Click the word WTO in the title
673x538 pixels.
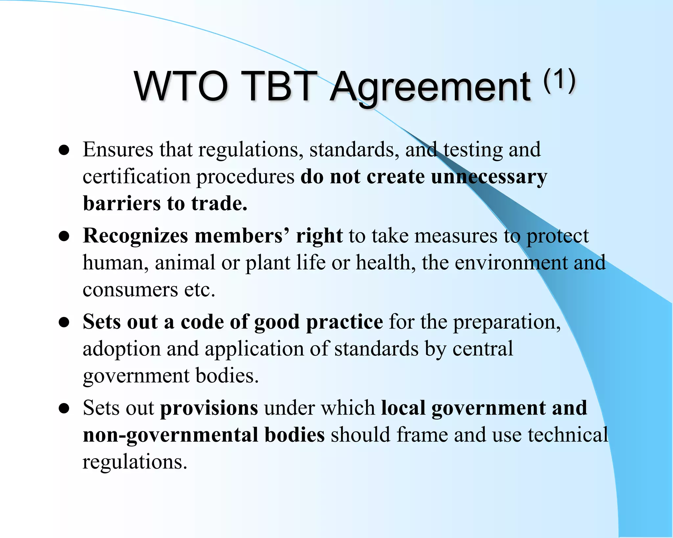point(181,86)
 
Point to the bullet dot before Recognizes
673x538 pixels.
point(64,236)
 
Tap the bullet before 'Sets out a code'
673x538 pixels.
point(64,323)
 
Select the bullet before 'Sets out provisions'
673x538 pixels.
point(64,409)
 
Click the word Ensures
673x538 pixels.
point(118,149)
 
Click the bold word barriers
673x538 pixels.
point(122,203)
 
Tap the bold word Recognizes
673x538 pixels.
point(135,236)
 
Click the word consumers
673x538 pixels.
point(130,290)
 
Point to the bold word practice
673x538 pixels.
point(344,322)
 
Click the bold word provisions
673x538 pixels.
point(209,408)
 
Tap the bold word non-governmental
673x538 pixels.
point(171,435)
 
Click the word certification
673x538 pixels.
point(136,177)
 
